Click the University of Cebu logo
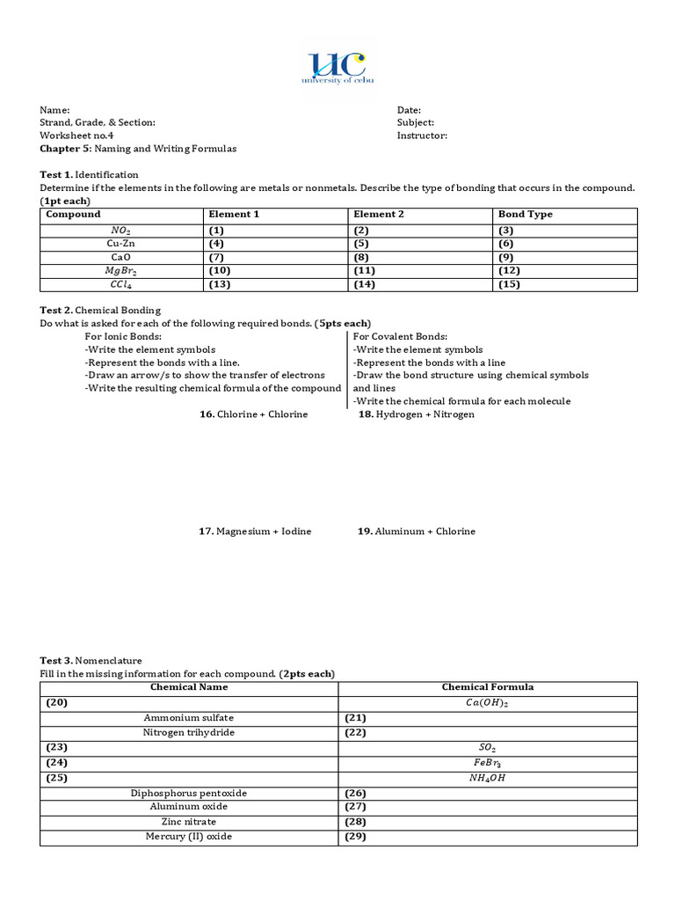click(x=337, y=68)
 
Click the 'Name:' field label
click(x=54, y=110)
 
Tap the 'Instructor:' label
click(x=422, y=136)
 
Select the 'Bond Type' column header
click(x=526, y=215)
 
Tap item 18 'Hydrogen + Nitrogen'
click(x=417, y=414)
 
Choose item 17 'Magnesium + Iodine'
click(x=255, y=531)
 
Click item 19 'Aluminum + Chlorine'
click(x=417, y=531)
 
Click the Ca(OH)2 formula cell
click(x=487, y=703)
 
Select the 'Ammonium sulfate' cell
click(x=189, y=718)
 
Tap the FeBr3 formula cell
click(x=487, y=763)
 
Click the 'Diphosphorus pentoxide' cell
click(x=189, y=793)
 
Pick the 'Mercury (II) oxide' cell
click(x=189, y=837)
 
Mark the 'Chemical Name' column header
click(x=189, y=687)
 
